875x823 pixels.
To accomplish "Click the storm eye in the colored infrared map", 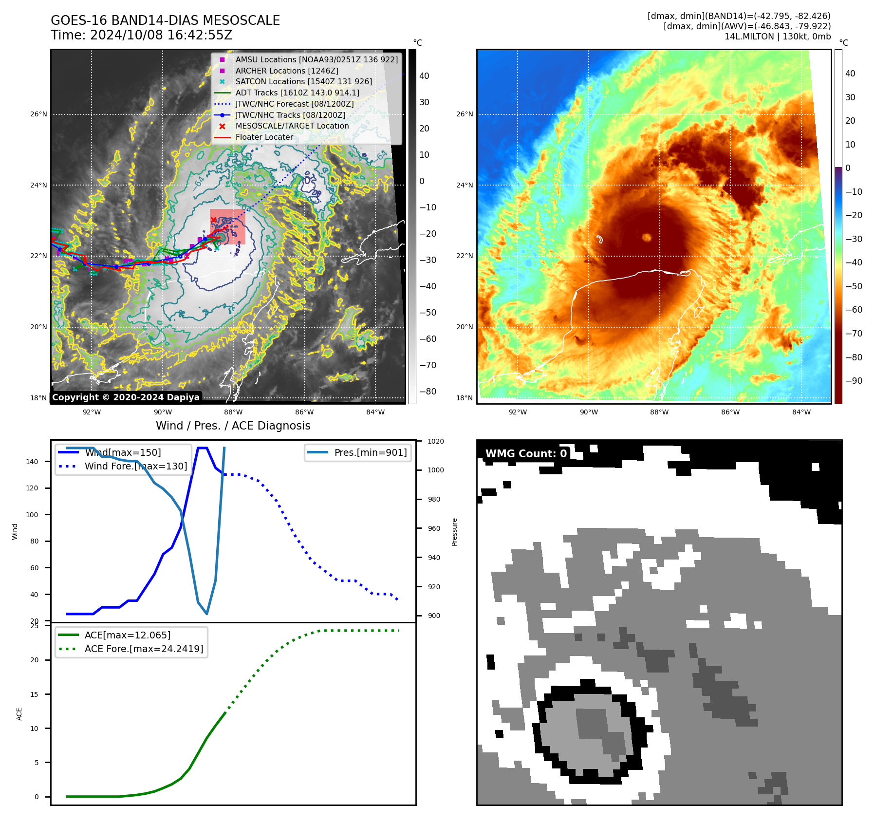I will coord(647,237).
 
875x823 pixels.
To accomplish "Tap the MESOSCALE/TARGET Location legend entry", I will coord(292,126).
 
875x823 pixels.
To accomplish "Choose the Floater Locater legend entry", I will coord(264,137).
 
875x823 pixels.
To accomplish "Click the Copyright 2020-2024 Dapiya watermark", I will coord(126,397).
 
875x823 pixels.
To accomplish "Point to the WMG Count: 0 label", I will coord(526,453).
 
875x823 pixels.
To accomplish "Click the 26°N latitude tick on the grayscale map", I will coord(39,114).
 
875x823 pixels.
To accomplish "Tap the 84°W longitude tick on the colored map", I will coord(801,412).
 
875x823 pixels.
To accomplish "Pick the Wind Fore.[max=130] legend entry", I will coord(135,466).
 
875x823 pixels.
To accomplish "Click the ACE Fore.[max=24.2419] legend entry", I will coord(144,649).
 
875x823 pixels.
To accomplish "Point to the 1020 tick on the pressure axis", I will coord(436,441).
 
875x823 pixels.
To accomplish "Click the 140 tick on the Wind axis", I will coord(32,462).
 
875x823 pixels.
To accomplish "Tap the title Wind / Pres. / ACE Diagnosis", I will coord(233,426).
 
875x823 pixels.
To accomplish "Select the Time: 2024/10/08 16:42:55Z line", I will coord(141,35).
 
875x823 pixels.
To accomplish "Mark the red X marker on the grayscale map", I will coord(213,220).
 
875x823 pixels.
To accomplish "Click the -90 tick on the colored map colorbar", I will coord(854,381).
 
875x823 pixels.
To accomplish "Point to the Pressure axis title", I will coord(454,532).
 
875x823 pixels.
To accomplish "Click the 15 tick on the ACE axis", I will coord(35,694).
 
